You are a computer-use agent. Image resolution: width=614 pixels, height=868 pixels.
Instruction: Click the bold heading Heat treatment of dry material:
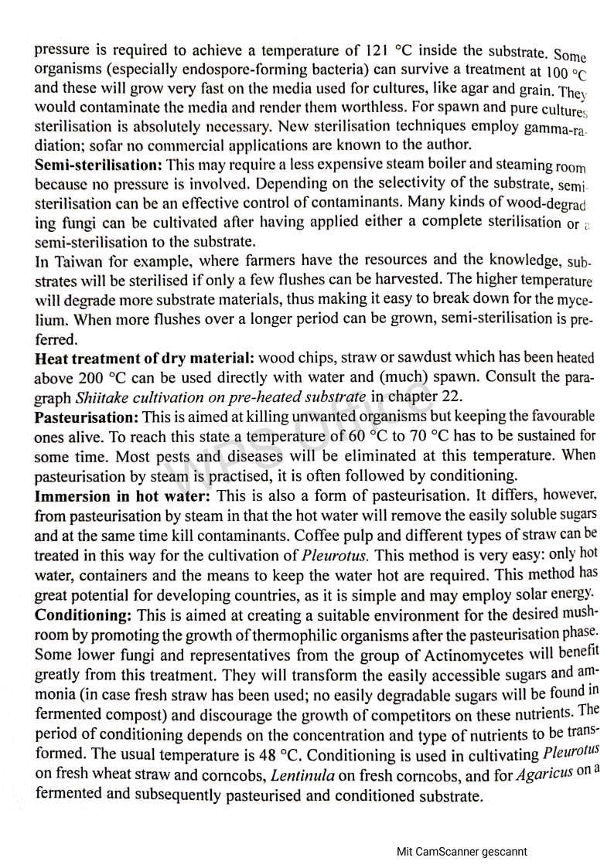[x=145, y=359]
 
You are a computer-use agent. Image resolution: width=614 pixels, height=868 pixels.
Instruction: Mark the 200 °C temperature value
[x=97, y=379]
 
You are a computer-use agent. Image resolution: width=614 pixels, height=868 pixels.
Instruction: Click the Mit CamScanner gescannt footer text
[x=462, y=852]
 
